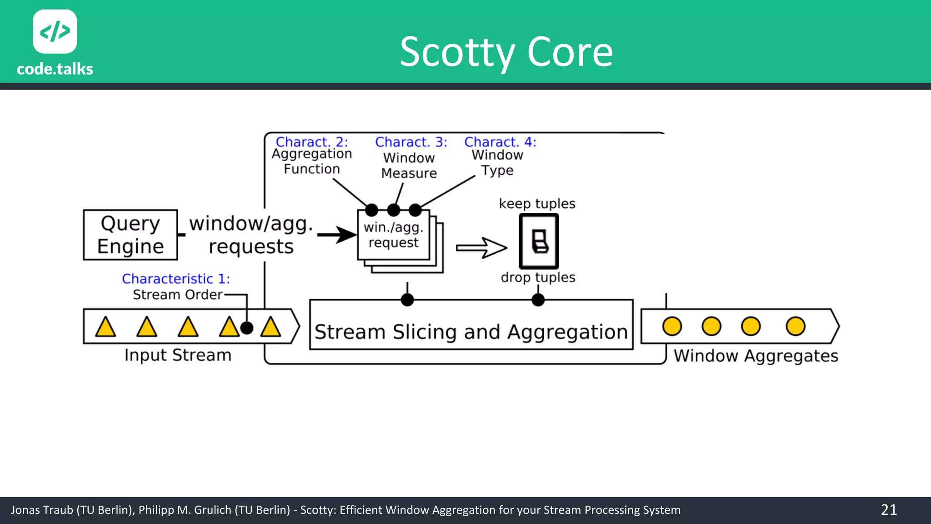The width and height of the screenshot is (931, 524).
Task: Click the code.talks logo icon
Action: (55, 31)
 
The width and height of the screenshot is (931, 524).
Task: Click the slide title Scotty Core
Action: (506, 52)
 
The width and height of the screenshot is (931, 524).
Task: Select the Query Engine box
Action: (130, 235)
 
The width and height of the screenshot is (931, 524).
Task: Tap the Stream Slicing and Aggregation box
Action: (471, 331)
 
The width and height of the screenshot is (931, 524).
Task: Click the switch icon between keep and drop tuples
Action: (539, 241)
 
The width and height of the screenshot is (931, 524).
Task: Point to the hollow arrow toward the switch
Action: (481, 248)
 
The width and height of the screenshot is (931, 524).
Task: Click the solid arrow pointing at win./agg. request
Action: (337, 235)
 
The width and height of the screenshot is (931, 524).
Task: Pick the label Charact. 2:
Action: (311, 142)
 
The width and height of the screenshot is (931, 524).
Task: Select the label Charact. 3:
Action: (411, 142)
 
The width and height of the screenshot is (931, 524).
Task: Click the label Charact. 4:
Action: (500, 142)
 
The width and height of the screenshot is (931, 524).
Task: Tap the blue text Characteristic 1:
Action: (176, 278)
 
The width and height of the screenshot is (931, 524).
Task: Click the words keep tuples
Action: (537, 203)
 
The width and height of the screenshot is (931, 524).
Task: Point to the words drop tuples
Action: (538, 277)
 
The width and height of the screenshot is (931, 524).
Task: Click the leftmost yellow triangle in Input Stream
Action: (105, 327)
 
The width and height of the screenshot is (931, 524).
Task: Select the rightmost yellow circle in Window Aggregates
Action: (795, 326)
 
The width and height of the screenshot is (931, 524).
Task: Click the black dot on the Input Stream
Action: (246, 327)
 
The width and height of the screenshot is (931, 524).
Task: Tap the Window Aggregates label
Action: (756, 356)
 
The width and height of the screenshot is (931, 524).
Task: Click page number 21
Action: (889, 509)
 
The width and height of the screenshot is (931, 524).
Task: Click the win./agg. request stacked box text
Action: (393, 235)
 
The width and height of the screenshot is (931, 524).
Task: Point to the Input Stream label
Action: (178, 355)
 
